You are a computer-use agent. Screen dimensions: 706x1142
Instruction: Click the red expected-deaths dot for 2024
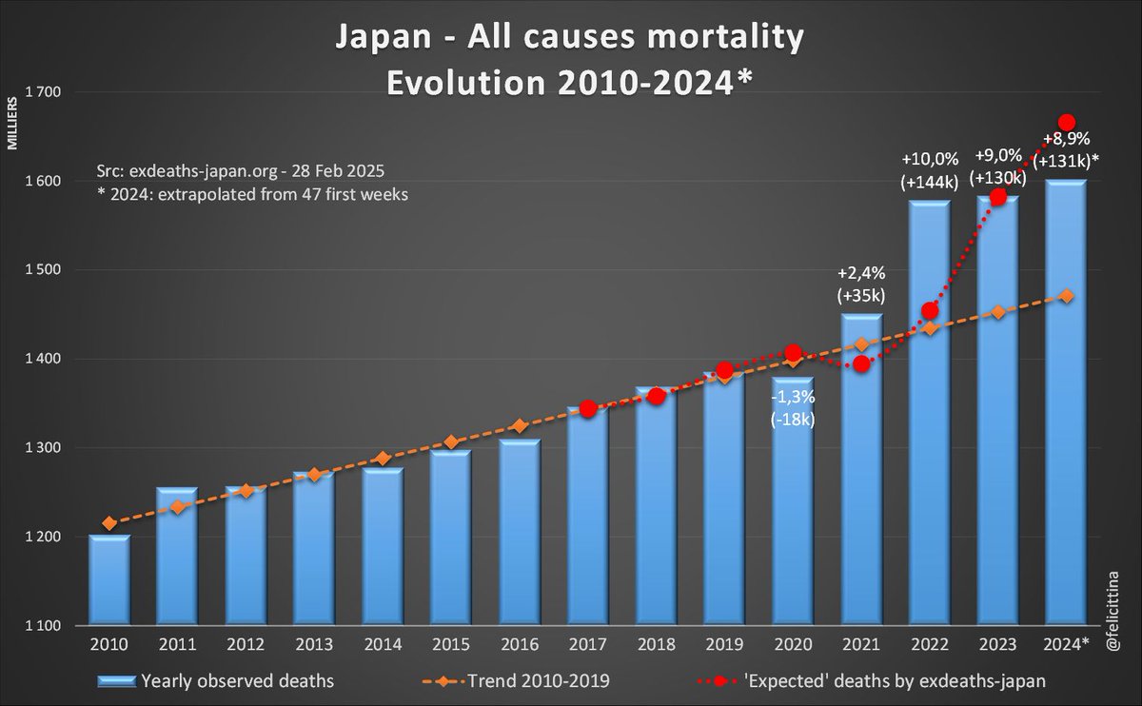coord(1067,123)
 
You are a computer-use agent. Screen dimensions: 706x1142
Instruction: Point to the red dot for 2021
coord(862,363)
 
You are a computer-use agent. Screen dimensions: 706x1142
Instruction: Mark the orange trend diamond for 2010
coord(108,522)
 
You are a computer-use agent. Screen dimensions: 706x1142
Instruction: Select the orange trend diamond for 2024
coord(1067,296)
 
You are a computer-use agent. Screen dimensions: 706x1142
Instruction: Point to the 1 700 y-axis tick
coord(40,92)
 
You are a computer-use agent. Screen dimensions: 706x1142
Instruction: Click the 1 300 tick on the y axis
coord(40,448)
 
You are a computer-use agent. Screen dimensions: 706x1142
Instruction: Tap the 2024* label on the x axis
coord(1068,645)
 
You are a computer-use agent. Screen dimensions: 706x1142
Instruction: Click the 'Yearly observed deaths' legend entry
coord(219,680)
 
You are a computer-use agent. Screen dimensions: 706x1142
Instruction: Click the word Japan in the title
coord(378,39)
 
